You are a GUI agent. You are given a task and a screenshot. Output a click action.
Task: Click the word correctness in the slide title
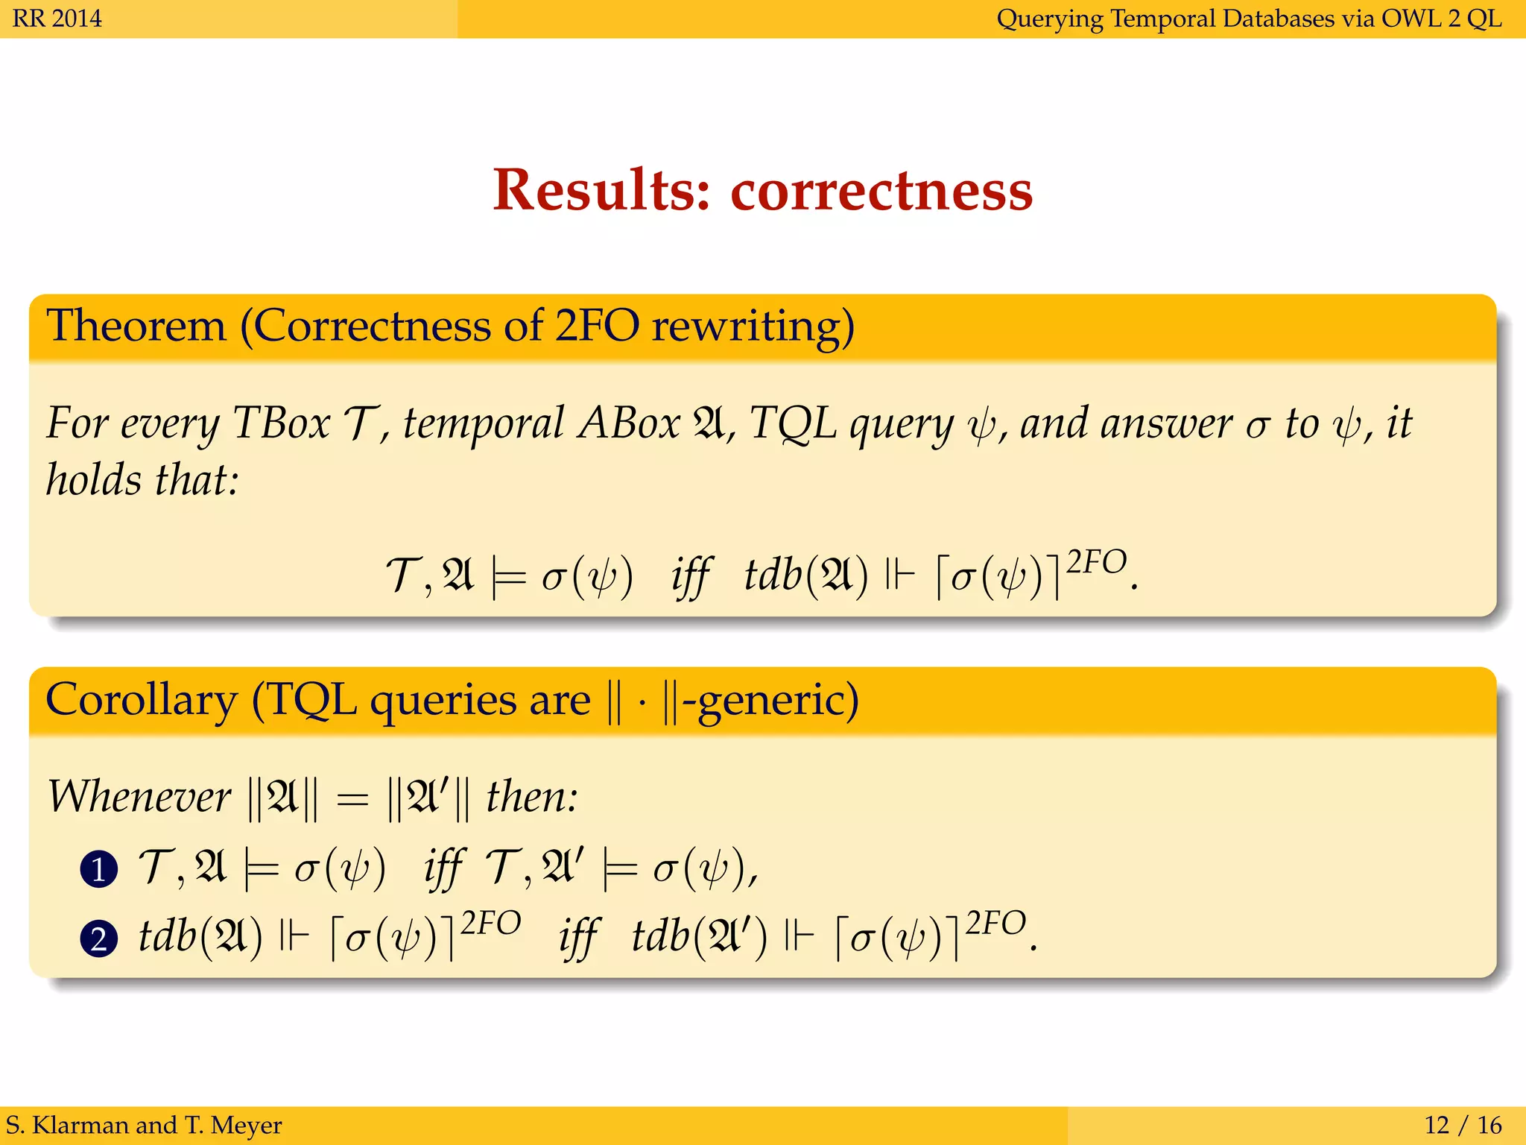point(881,191)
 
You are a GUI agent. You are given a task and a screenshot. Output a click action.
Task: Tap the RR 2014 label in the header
point(57,18)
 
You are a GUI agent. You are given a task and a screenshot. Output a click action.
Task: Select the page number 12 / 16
point(1463,1124)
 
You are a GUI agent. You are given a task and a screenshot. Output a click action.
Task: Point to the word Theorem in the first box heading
point(136,327)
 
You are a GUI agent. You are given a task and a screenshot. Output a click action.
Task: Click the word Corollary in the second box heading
point(142,699)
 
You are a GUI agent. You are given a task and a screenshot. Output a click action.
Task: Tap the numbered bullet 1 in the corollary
point(99,869)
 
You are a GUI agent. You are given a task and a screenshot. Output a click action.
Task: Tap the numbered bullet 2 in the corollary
point(99,938)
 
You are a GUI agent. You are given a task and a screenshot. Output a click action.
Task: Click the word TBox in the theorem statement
point(281,423)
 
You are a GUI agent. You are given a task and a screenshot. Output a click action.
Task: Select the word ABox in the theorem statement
point(629,423)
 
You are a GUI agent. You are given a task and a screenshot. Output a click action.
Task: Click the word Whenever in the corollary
point(139,796)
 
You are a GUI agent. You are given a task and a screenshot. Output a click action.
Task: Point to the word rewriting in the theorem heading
point(753,327)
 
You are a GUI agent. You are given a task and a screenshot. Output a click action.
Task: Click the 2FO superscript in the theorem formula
point(1096,561)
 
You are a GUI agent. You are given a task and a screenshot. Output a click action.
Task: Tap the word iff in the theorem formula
point(690,576)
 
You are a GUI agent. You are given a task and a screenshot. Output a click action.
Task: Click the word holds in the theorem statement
point(94,479)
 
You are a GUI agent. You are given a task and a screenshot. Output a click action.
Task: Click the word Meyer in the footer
point(246,1124)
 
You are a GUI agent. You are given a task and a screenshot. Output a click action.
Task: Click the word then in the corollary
point(530,796)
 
